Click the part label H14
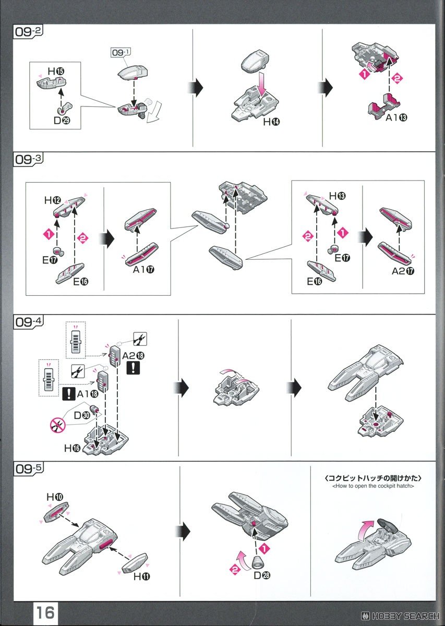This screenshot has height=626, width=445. pyautogui.click(x=272, y=123)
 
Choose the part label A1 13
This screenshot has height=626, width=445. pyautogui.click(x=397, y=117)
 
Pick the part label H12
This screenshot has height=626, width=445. pyautogui.click(x=52, y=200)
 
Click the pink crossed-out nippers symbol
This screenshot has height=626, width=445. pyautogui.click(x=57, y=426)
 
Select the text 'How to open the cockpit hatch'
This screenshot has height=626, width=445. pyautogui.click(x=372, y=486)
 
